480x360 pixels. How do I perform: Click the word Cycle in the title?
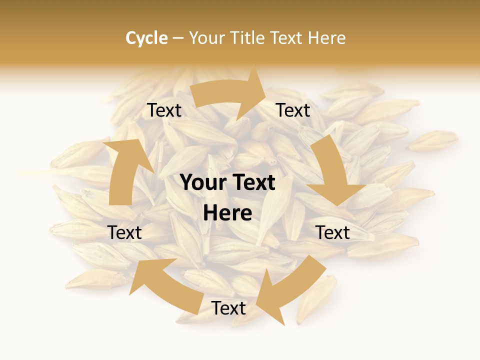[146, 38]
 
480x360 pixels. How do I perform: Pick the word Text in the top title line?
[288, 38]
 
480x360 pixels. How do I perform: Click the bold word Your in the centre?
[202, 183]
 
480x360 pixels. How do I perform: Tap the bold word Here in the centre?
[227, 213]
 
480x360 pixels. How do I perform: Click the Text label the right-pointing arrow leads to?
[293, 110]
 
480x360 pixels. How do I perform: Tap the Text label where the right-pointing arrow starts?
[164, 110]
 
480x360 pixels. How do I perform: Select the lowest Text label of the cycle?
[228, 308]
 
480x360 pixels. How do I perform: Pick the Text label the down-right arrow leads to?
[332, 232]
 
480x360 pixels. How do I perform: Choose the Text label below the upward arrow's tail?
[124, 232]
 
